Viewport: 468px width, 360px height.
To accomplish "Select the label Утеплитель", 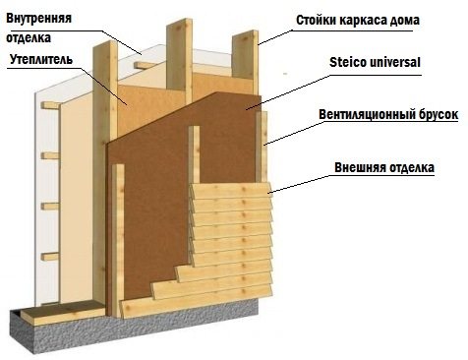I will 41,61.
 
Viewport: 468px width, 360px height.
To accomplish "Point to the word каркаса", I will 371,19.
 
